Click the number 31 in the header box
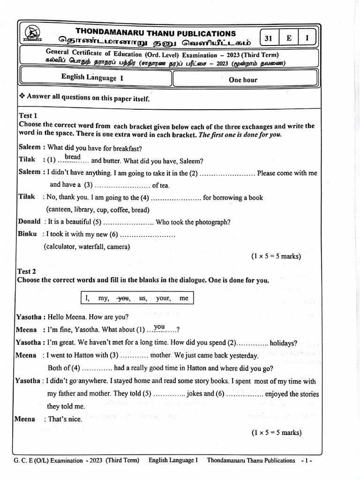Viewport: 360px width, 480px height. click(268, 38)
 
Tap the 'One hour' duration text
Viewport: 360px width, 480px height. click(243, 80)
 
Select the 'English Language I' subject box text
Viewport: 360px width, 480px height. click(92, 78)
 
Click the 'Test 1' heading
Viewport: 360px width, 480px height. click(28, 115)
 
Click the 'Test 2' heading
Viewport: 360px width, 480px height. click(27, 271)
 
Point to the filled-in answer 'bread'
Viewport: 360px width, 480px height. click(73, 157)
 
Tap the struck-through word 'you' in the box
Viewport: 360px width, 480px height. click(124, 298)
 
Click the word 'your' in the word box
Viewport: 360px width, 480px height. click(163, 298)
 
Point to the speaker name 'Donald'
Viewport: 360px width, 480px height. click(29, 222)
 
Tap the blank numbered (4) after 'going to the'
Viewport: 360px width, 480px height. click(176, 199)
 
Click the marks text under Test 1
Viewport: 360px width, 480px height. click(276, 256)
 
